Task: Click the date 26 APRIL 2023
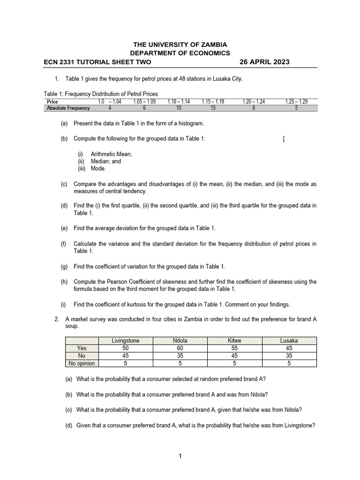click(264, 62)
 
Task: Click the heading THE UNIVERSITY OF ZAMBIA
click(180, 44)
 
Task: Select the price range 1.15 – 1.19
click(213, 101)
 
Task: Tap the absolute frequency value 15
click(213, 107)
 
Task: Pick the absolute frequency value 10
click(179, 107)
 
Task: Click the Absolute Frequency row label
click(68, 107)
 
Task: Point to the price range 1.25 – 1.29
click(296, 101)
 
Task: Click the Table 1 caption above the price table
click(101, 94)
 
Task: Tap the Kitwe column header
click(234, 341)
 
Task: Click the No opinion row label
click(82, 363)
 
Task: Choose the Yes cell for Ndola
click(180, 348)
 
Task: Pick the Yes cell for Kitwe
click(234, 348)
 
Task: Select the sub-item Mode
click(98, 169)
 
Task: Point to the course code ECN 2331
click(61, 62)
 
